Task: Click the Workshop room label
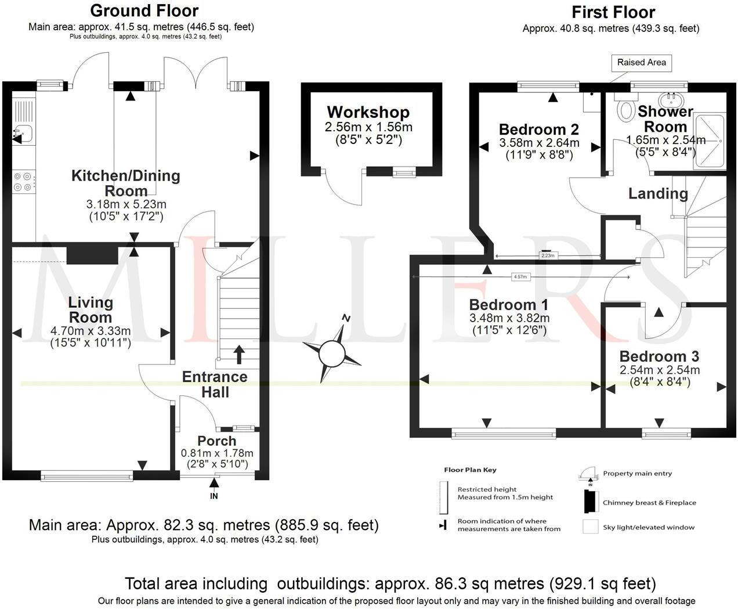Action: click(x=368, y=112)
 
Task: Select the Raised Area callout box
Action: click(x=641, y=62)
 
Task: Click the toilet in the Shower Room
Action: click(x=625, y=110)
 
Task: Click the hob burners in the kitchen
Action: click(x=23, y=181)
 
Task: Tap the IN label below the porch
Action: click(x=214, y=496)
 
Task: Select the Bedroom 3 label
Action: click(x=659, y=356)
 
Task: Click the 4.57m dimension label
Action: click(x=520, y=277)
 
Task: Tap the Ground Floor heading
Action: click(x=144, y=10)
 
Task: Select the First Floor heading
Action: click(x=613, y=12)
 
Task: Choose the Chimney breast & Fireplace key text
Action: click(x=649, y=503)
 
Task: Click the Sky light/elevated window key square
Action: click(x=591, y=527)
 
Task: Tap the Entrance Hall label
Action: click(x=215, y=384)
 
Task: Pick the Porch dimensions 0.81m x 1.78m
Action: click(x=217, y=453)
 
